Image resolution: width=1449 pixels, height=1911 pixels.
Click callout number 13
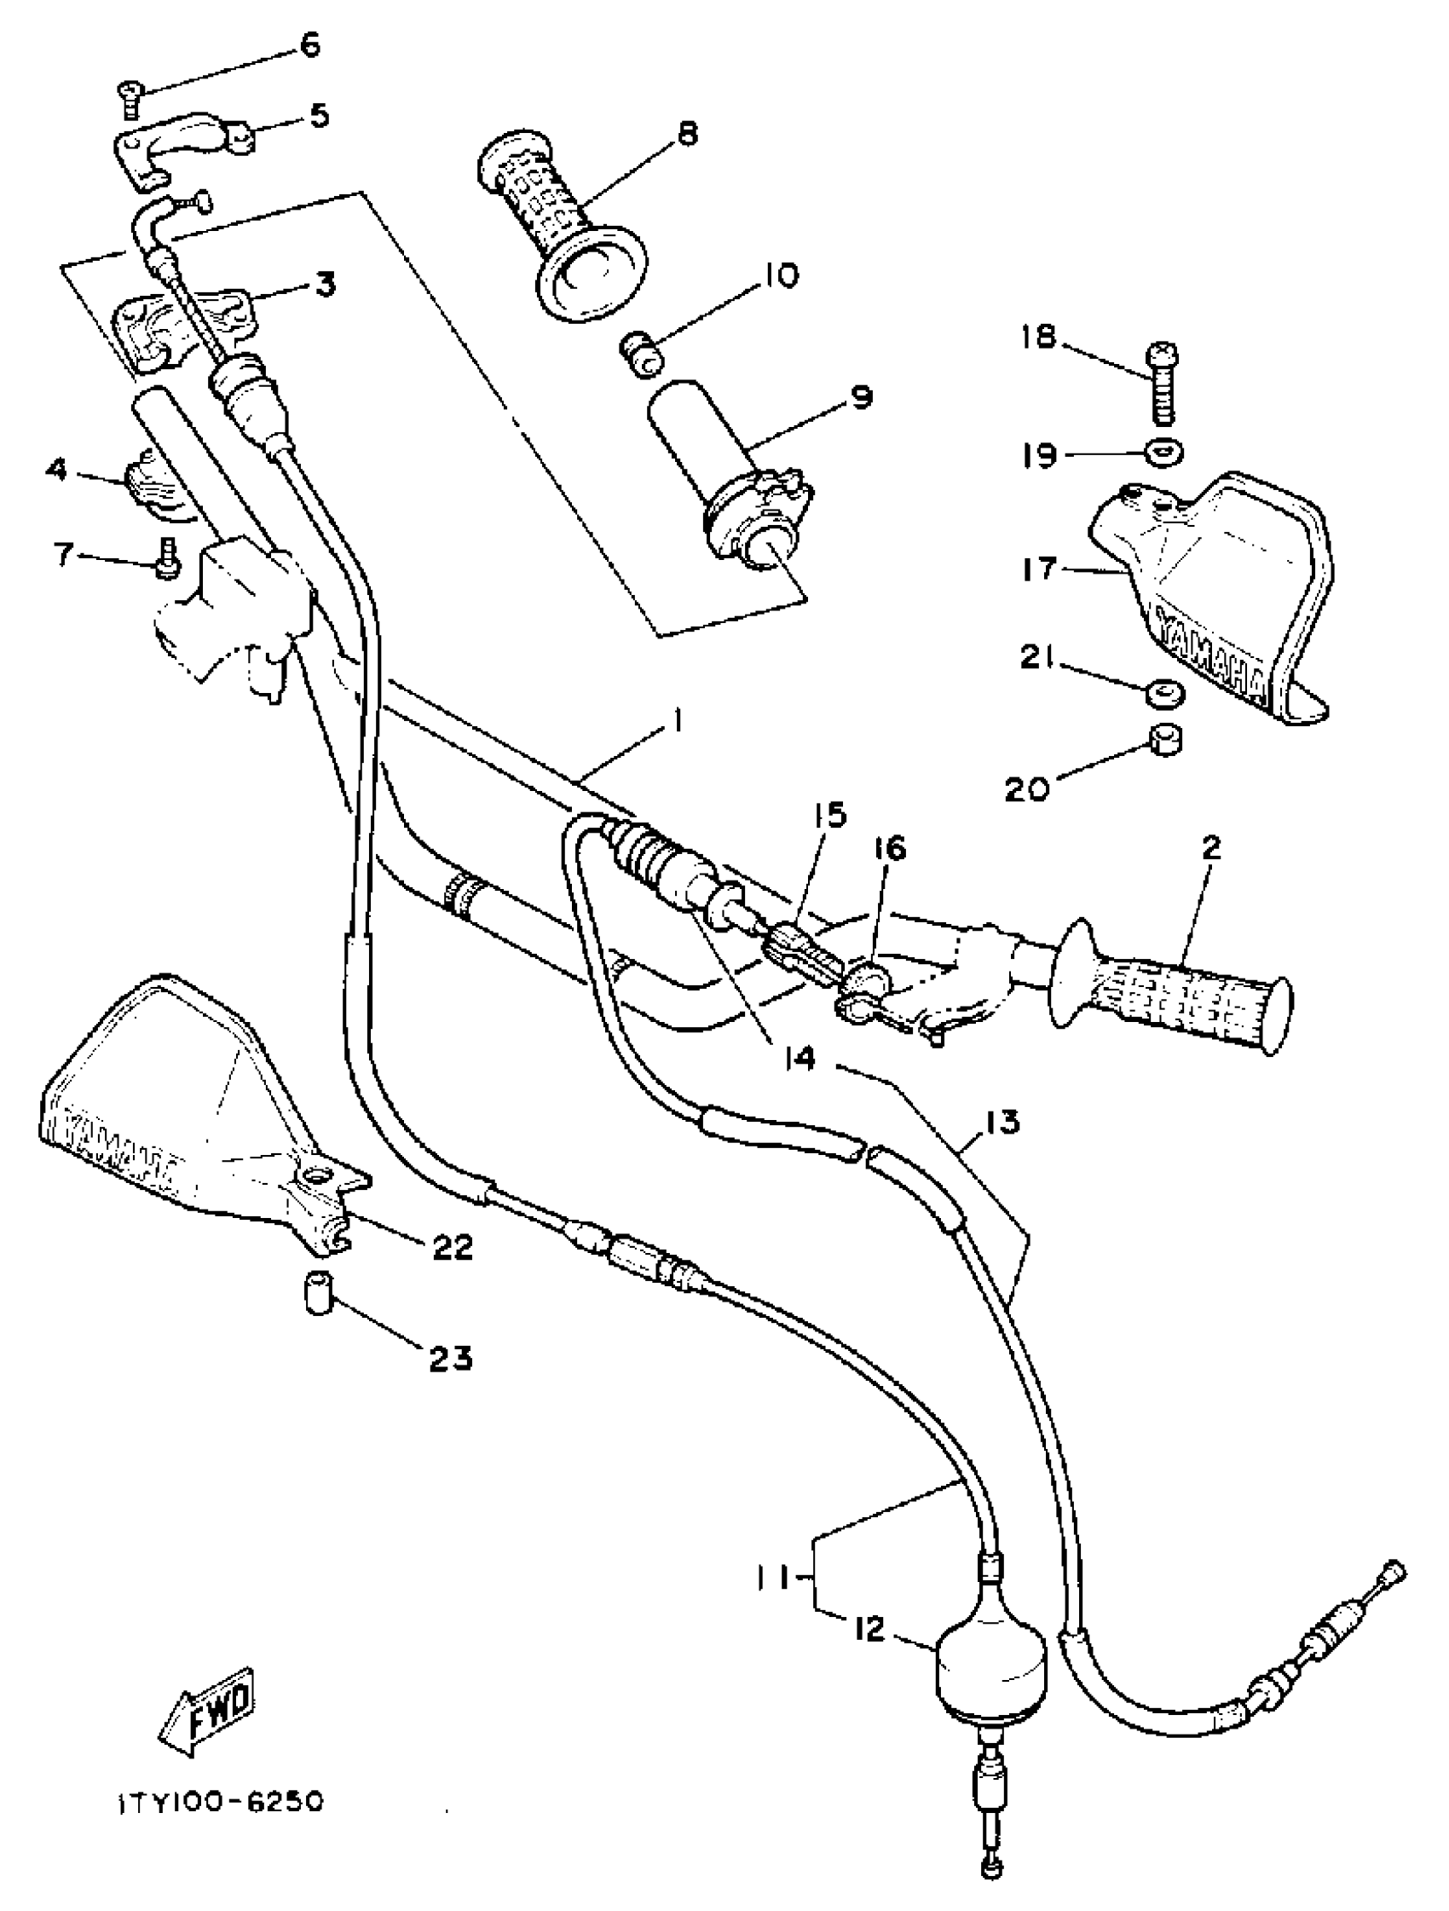click(1001, 1123)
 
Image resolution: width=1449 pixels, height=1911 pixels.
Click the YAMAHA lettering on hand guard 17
click(1215, 656)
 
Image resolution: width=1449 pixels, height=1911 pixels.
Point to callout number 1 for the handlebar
click(679, 720)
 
